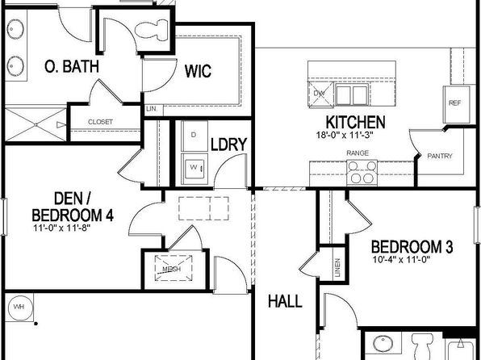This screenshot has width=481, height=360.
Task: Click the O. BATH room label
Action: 72,66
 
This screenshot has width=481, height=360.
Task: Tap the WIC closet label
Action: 198,71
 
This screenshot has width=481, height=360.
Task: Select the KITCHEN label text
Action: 355,122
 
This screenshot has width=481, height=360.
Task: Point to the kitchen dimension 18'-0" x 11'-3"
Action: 345,135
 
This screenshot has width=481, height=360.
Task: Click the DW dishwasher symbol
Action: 320,94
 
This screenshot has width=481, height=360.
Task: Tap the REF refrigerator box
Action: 456,104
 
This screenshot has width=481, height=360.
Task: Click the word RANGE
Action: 358,153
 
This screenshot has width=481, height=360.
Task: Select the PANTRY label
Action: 440,156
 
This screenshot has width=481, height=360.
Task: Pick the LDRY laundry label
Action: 229,144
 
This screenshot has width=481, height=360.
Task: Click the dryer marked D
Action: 194,136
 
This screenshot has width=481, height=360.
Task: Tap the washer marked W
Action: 194,169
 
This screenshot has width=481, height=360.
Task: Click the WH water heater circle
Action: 19,307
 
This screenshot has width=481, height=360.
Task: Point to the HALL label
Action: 285,301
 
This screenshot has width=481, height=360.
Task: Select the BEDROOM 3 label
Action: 412,247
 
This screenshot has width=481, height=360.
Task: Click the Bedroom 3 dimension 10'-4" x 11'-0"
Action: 402,260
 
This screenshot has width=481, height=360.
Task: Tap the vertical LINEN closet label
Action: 337,268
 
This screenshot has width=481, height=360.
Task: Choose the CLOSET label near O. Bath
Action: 100,122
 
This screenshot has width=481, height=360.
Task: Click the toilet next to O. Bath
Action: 152,30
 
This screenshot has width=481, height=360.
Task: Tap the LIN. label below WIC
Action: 152,109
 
